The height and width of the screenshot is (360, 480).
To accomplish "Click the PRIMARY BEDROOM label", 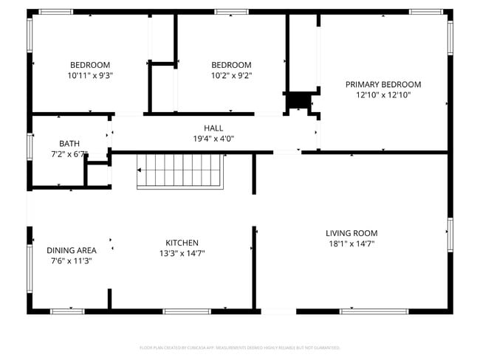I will coord(383,84).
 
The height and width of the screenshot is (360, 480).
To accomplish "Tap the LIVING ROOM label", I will coord(352,233).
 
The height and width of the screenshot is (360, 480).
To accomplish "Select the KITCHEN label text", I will coord(182,243).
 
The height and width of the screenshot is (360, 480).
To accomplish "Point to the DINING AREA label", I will coord(72,250).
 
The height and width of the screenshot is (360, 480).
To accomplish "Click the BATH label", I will coord(69,143).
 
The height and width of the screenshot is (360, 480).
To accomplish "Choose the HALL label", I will coord(213,128).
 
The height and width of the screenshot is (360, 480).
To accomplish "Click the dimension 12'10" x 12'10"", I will coord(383,94).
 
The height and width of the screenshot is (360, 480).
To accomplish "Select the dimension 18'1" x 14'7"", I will coord(352,243).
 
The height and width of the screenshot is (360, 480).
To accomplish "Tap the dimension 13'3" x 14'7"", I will coord(182,253).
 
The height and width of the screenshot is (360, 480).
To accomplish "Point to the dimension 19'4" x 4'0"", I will coord(213,138).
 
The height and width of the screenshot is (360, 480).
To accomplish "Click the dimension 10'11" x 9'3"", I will coord(90,75).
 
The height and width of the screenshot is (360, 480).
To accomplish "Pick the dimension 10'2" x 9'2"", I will coord(231,75).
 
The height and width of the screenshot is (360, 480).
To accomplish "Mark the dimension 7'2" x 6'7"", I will coord(69,154).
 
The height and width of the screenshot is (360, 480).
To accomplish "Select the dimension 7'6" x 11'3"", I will coord(72,260).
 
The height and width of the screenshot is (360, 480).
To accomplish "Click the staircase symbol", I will coord(179,171).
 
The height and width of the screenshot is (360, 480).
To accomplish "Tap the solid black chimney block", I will coord(299,100).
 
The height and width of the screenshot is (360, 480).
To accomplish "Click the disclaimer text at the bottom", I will coord(239,347).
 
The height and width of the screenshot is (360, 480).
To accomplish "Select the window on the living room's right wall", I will coord(450,234).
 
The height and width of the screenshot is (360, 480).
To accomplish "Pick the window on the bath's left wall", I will coord(30,145).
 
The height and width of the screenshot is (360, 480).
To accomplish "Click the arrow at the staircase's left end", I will coord(140,170).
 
